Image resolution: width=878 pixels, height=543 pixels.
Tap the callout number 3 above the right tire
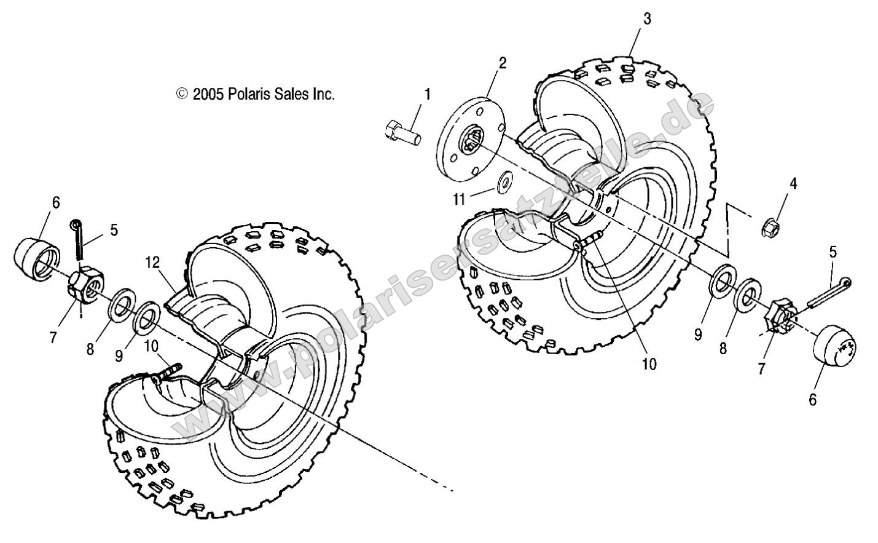pyautogui.click(x=646, y=19)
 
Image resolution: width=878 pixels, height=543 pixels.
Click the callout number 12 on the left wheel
pyautogui.click(x=152, y=263)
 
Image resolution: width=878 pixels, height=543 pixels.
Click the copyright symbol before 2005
pyautogui.click(x=182, y=94)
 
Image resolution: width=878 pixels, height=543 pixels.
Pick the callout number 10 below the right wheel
pyautogui.click(x=649, y=363)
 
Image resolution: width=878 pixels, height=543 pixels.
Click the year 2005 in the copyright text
pyautogui.click(x=208, y=94)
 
